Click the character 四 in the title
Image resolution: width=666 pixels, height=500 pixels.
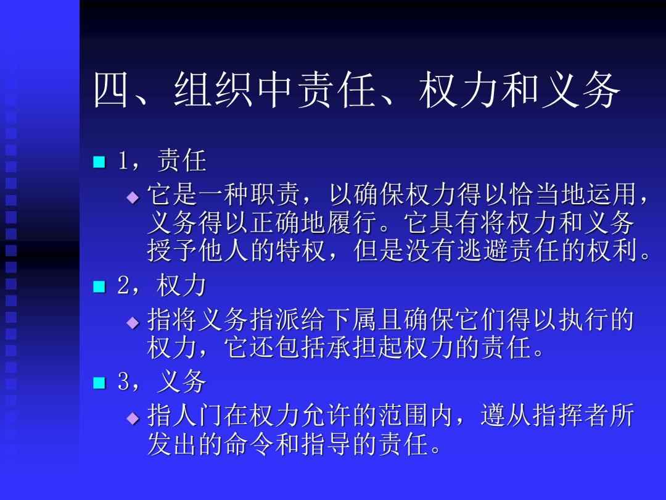click(110, 90)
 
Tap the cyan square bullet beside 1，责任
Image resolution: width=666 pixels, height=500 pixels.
click(99, 162)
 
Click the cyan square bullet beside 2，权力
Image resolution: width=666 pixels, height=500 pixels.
click(99, 286)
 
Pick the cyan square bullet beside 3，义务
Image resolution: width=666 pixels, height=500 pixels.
click(99, 383)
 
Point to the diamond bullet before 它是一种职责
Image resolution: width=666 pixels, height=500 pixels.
click(133, 198)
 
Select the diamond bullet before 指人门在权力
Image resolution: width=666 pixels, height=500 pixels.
click(133, 419)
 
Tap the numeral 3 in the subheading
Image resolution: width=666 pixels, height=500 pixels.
click(123, 381)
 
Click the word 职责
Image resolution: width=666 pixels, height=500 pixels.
click(274, 194)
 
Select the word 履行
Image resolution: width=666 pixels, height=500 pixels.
click(352, 222)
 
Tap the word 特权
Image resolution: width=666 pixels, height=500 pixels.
click(300, 250)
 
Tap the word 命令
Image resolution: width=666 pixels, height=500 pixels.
click(249, 443)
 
